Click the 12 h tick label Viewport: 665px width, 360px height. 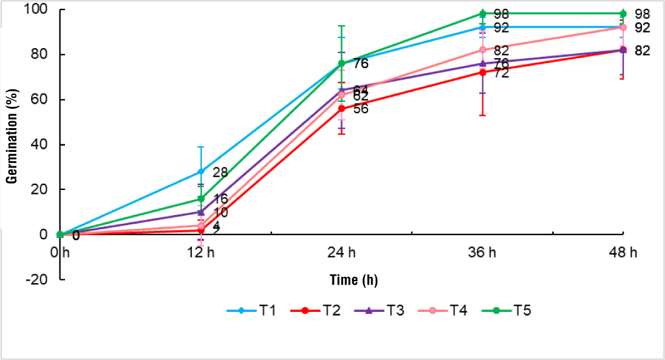coord(201,253)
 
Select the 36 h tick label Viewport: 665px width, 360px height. coord(482,253)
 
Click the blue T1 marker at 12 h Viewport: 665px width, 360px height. coord(201,171)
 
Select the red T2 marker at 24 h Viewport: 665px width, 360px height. coord(341,108)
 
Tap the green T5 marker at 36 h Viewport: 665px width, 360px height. coord(482,13)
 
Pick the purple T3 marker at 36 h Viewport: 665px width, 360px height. coord(482,63)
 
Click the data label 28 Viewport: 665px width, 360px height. coord(220,172)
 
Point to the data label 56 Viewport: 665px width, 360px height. coord(361,109)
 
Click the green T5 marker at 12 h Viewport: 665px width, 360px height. coord(201,199)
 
